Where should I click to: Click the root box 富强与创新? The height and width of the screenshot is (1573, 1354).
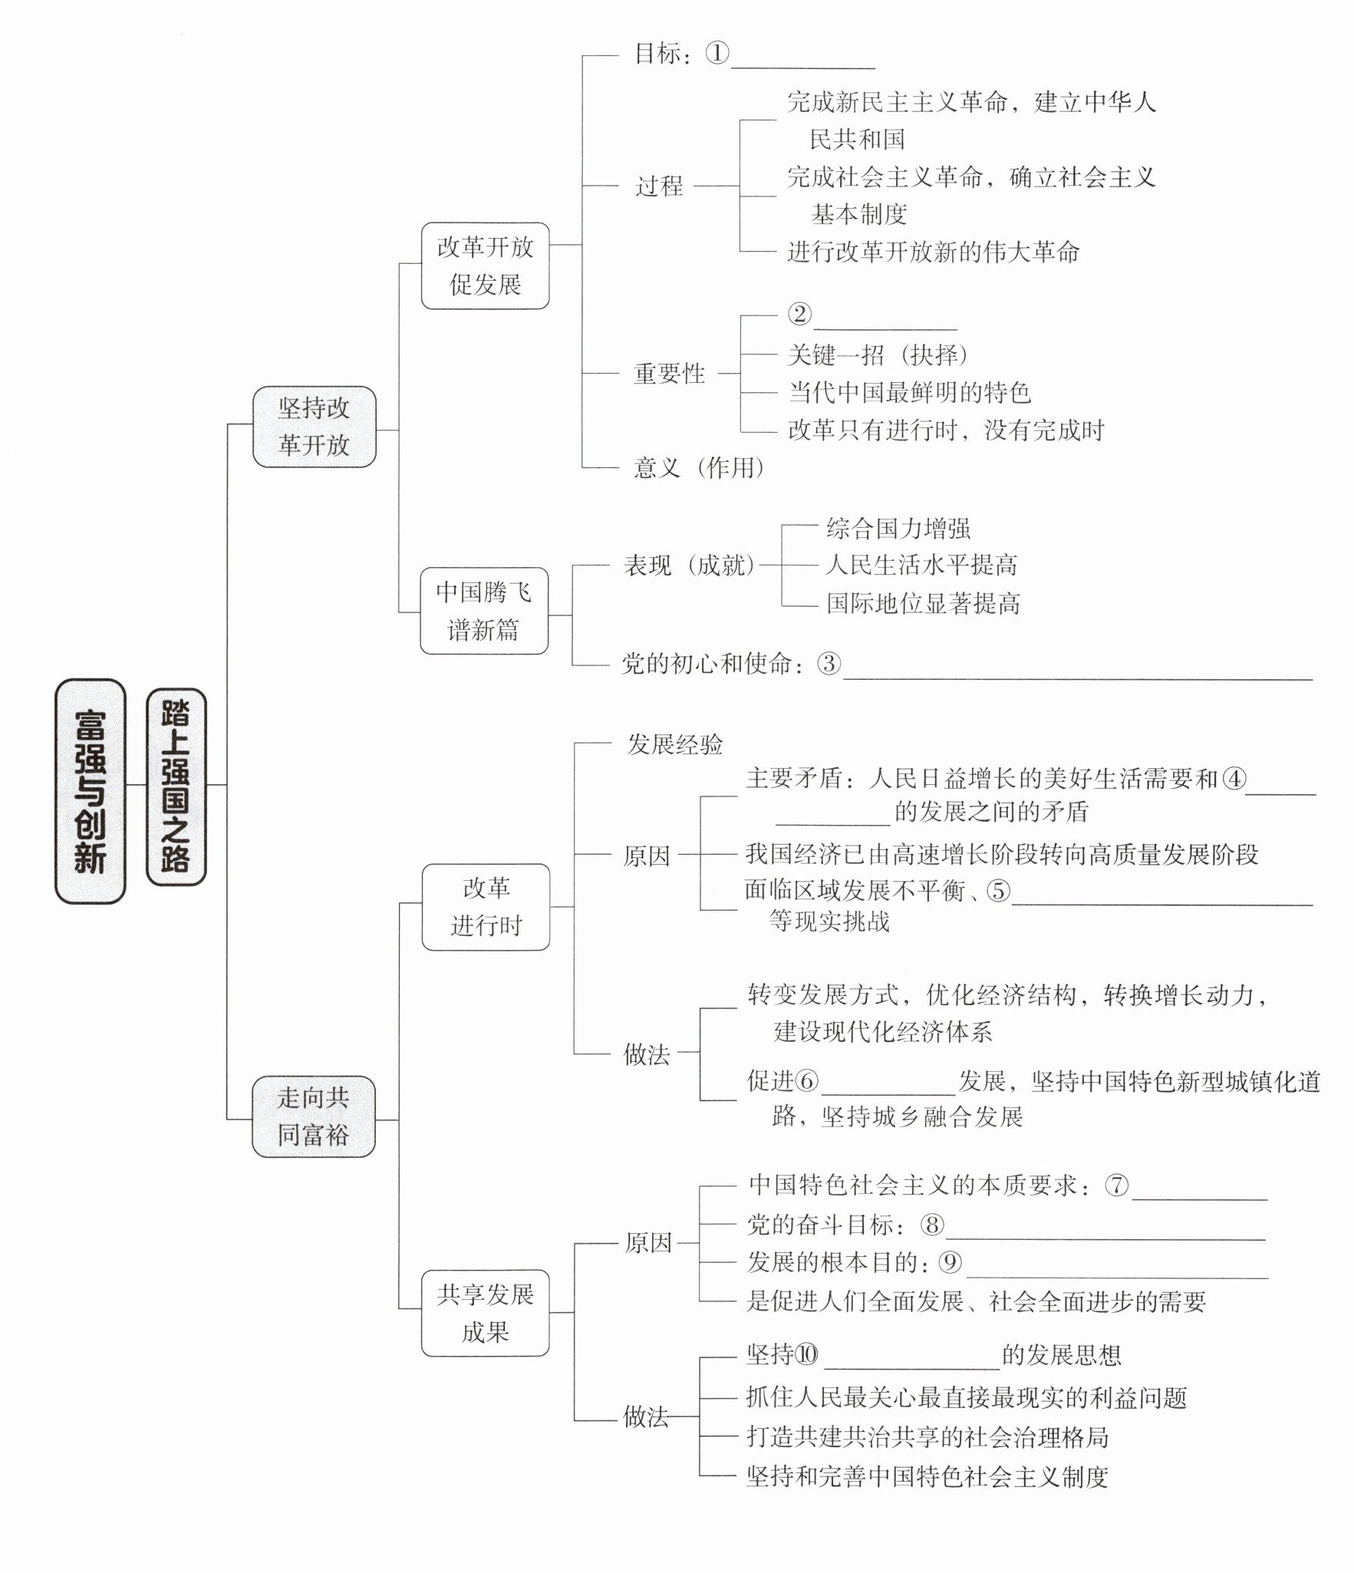coord(90,790)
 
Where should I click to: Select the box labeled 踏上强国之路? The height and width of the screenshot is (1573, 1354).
coord(176,787)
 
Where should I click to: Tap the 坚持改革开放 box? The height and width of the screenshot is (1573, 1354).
coord(314,427)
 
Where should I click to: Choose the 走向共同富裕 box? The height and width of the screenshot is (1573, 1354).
coord(313,1116)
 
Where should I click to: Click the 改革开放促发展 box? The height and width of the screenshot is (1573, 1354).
coord(485,265)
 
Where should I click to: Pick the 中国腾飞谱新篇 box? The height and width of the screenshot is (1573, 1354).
coord(483,611)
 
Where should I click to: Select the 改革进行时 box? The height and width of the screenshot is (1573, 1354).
coord(486,906)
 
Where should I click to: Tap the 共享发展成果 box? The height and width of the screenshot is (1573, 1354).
coord(485,1313)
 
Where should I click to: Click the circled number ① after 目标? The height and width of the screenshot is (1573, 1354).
coord(717,53)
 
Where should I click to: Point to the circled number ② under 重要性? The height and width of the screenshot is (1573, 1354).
coord(799,315)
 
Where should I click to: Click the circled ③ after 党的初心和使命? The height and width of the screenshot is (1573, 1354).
coord(829,663)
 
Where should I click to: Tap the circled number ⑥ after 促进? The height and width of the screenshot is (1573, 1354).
coord(806,1081)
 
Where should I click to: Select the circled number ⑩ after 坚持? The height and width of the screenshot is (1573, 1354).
coord(807,1356)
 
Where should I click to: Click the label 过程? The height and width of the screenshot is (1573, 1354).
coord(659,186)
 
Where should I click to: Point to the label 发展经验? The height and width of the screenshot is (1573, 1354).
coord(675,744)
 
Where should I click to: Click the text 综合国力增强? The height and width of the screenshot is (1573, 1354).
coord(898,528)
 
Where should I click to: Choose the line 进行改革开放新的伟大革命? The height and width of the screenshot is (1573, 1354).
coord(933,252)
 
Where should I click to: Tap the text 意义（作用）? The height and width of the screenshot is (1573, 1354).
coord(699,467)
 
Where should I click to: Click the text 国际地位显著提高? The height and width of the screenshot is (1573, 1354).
coord(923,603)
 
